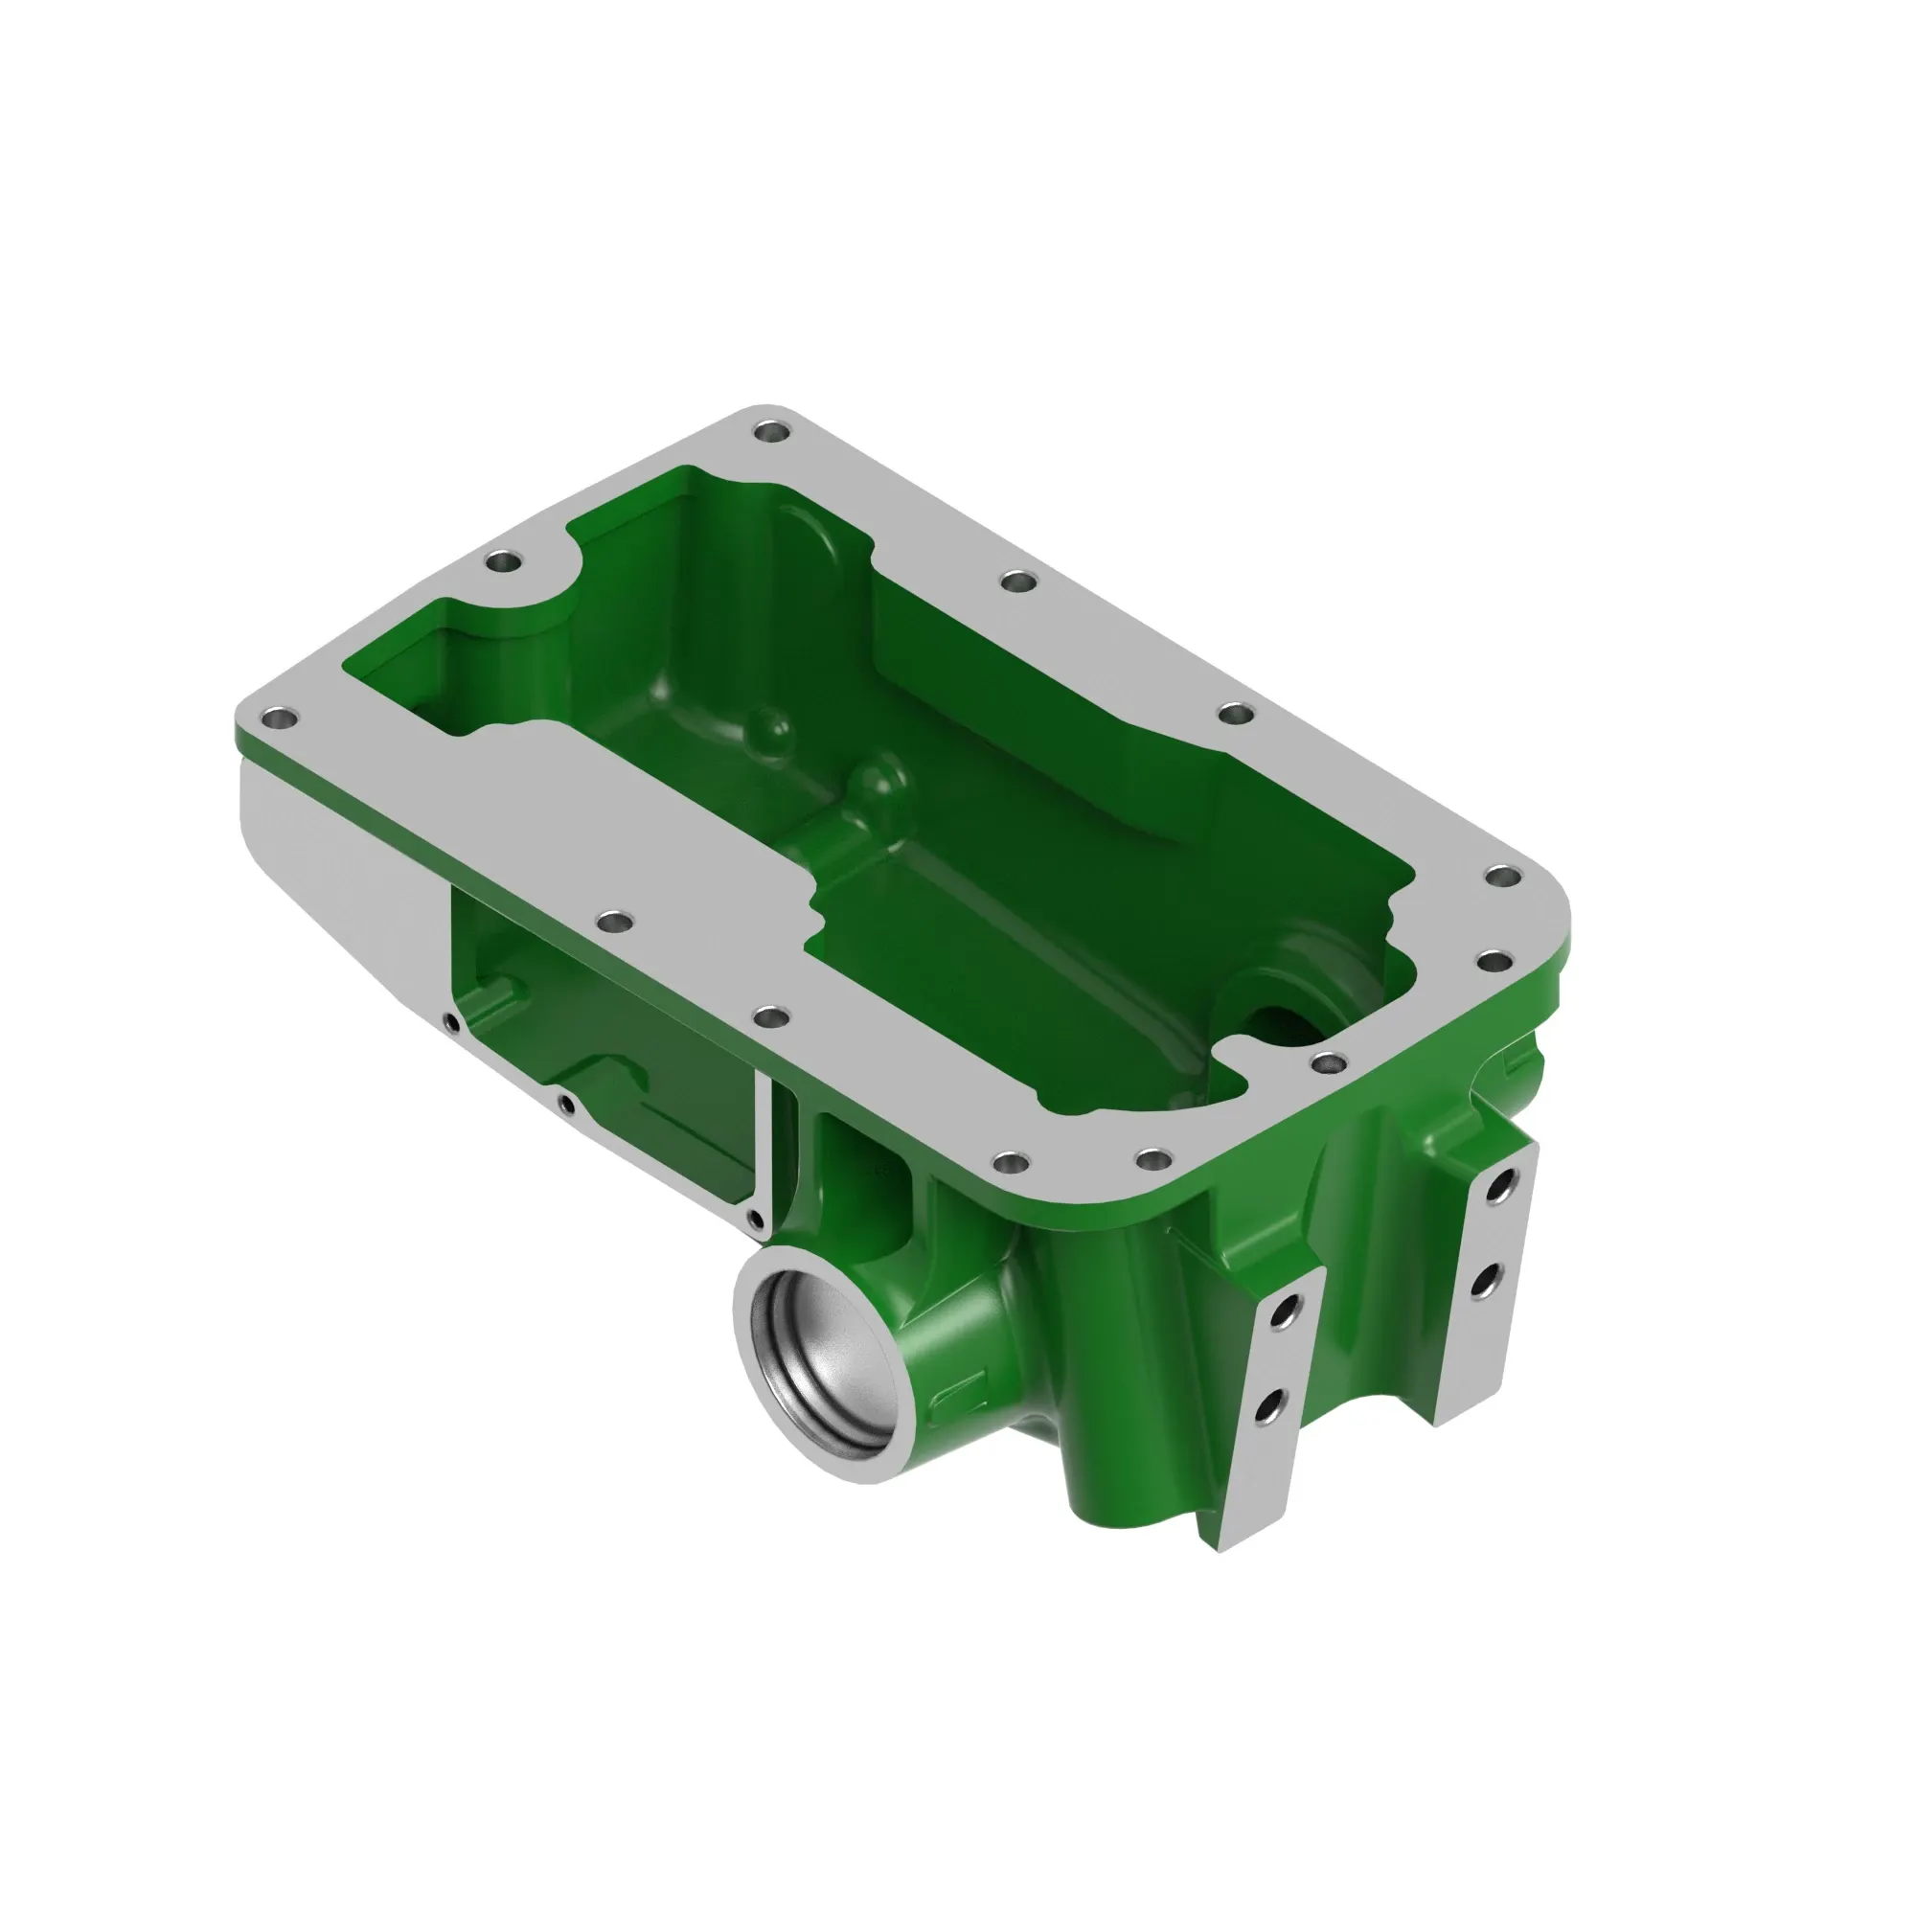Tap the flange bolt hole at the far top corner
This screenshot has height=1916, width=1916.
(x=770, y=432)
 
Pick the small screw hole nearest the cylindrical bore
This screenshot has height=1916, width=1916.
(x=756, y=1219)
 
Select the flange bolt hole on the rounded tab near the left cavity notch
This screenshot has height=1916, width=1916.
(x=504, y=561)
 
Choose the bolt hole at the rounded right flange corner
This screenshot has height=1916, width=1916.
(x=1505, y=877)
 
